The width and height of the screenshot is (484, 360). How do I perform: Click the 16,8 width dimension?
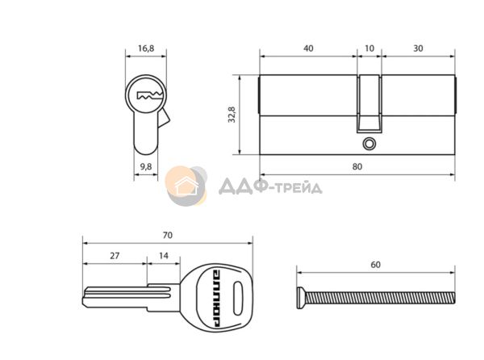146,48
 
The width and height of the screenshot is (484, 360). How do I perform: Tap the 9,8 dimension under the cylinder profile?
146,167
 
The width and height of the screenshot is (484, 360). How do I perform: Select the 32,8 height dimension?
232,115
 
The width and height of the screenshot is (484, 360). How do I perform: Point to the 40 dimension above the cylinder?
308,48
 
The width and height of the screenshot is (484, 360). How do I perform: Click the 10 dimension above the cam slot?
369,48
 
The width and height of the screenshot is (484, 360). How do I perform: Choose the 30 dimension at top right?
418,48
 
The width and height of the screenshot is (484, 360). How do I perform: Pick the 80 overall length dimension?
357,167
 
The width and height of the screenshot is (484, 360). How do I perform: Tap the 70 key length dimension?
167,235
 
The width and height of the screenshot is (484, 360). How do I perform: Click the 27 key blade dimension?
115,256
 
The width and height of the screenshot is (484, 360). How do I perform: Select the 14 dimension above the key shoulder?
164,256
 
